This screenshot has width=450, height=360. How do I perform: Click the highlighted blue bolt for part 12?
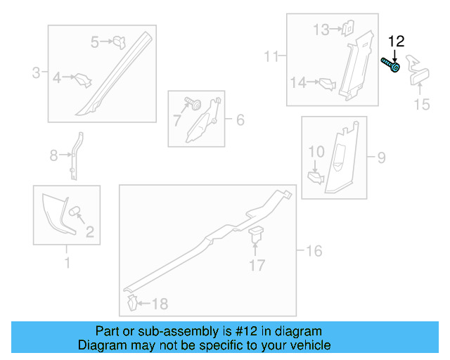pos(391,65)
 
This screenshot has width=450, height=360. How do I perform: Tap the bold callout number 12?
pos(397,41)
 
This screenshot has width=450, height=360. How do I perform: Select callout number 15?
pos(422,104)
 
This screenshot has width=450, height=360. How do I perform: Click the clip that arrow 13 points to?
pos(348,28)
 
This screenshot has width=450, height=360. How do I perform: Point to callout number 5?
pos(95,42)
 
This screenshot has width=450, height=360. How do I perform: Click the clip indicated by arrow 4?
pos(83,80)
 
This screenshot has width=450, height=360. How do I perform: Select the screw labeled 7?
pos(193,103)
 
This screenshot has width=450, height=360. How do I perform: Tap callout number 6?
pos(240,120)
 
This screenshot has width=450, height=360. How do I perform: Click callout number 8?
pos(53,155)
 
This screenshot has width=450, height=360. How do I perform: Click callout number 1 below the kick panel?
pos(67,263)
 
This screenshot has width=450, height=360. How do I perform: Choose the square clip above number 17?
pos(256,234)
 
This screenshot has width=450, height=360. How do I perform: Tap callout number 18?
pos(160,304)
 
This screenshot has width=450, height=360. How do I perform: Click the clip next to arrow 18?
pos(132,302)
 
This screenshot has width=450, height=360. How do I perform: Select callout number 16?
pos(314,251)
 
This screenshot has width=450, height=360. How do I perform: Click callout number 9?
pos(381,157)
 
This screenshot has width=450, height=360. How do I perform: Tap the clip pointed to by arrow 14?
pos(328,84)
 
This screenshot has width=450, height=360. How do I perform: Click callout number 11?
pos(271,56)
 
